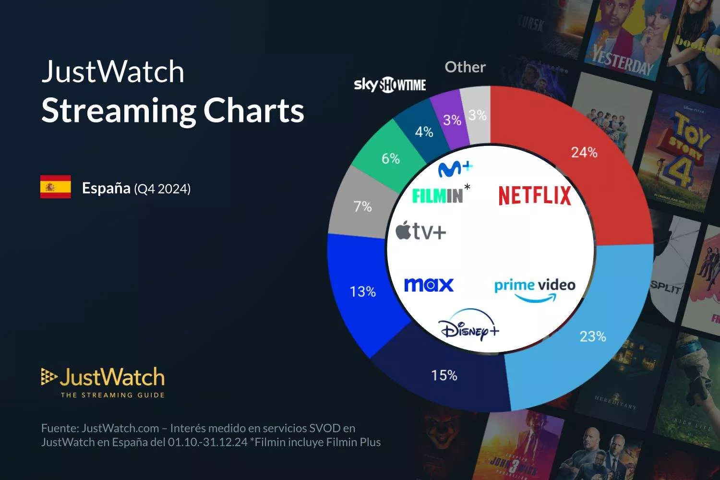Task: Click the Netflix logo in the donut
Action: pyautogui.click(x=535, y=195)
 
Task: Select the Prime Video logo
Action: pyautogui.click(x=535, y=289)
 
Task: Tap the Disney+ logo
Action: pyautogui.click(x=469, y=326)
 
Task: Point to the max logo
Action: pyautogui.click(x=429, y=285)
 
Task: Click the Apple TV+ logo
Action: pyautogui.click(x=421, y=232)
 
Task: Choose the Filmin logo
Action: pyautogui.click(x=438, y=195)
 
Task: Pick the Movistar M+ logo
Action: pyautogui.click(x=455, y=168)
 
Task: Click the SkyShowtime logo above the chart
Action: pyautogui.click(x=390, y=85)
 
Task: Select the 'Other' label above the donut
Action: pyautogui.click(x=465, y=67)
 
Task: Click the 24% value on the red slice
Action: pyautogui.click(x=584, y=153)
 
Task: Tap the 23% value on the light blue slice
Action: pyautogui.click(x=593, y=336)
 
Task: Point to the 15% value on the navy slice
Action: pyautogui.click(x=444, y=375)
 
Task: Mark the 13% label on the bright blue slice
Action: pyautogui.click(x=362, y=291)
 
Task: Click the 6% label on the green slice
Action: pyautogui.click(x=391, y=158)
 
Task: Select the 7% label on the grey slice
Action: pyautogui.click(x=362, y=206)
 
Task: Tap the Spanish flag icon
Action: pyautogui.click(x=56, y=187)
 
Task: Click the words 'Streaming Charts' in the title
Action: pyautogui.click(x=173, y=110)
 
